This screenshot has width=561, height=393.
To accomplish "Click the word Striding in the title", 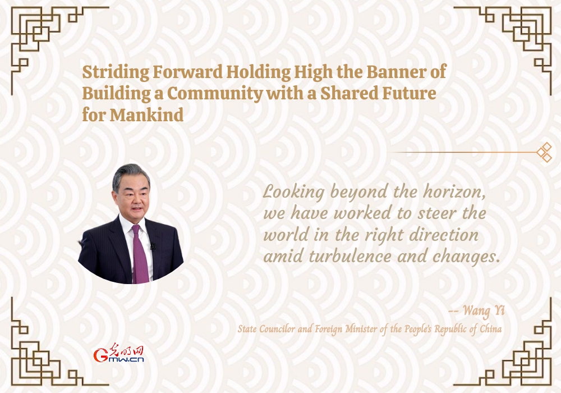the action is click(x=116, y=72).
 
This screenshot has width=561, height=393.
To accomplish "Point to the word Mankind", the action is click(x=146, y=115).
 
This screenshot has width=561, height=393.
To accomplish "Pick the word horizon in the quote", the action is click(x=454, y=192).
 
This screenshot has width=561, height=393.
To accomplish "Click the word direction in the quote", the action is click(x=443, y=235).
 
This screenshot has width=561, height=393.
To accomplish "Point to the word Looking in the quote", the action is click(x=294, y=192).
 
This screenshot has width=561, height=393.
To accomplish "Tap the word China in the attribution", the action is click(x=490, y=329).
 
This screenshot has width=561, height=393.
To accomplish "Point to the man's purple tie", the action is click(x=140, y=254).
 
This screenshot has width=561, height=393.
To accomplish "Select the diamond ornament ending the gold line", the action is click(x=544, y=152).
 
